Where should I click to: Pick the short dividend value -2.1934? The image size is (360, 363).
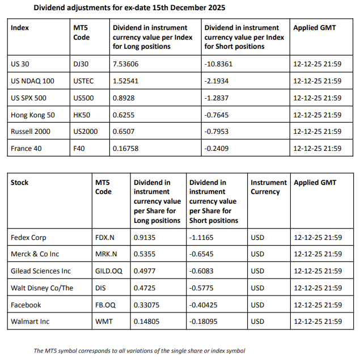tap(218, 81)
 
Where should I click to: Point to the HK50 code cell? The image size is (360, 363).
tap(82, 115)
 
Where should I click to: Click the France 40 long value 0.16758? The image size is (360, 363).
tap(126, 149)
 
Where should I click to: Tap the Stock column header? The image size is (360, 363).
tap(20, 183)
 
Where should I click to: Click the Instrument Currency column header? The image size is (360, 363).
tap(269, 187)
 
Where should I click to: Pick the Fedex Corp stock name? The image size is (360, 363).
tap(29, 237)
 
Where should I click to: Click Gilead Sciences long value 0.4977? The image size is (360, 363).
tap(145, 271)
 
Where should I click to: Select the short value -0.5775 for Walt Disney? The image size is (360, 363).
tap(202, 288)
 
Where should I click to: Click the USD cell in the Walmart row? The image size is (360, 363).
tap(257, 322)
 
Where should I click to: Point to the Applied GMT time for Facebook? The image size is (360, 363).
tap(318, 305)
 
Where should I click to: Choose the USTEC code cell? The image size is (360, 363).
tap(84, 81)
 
